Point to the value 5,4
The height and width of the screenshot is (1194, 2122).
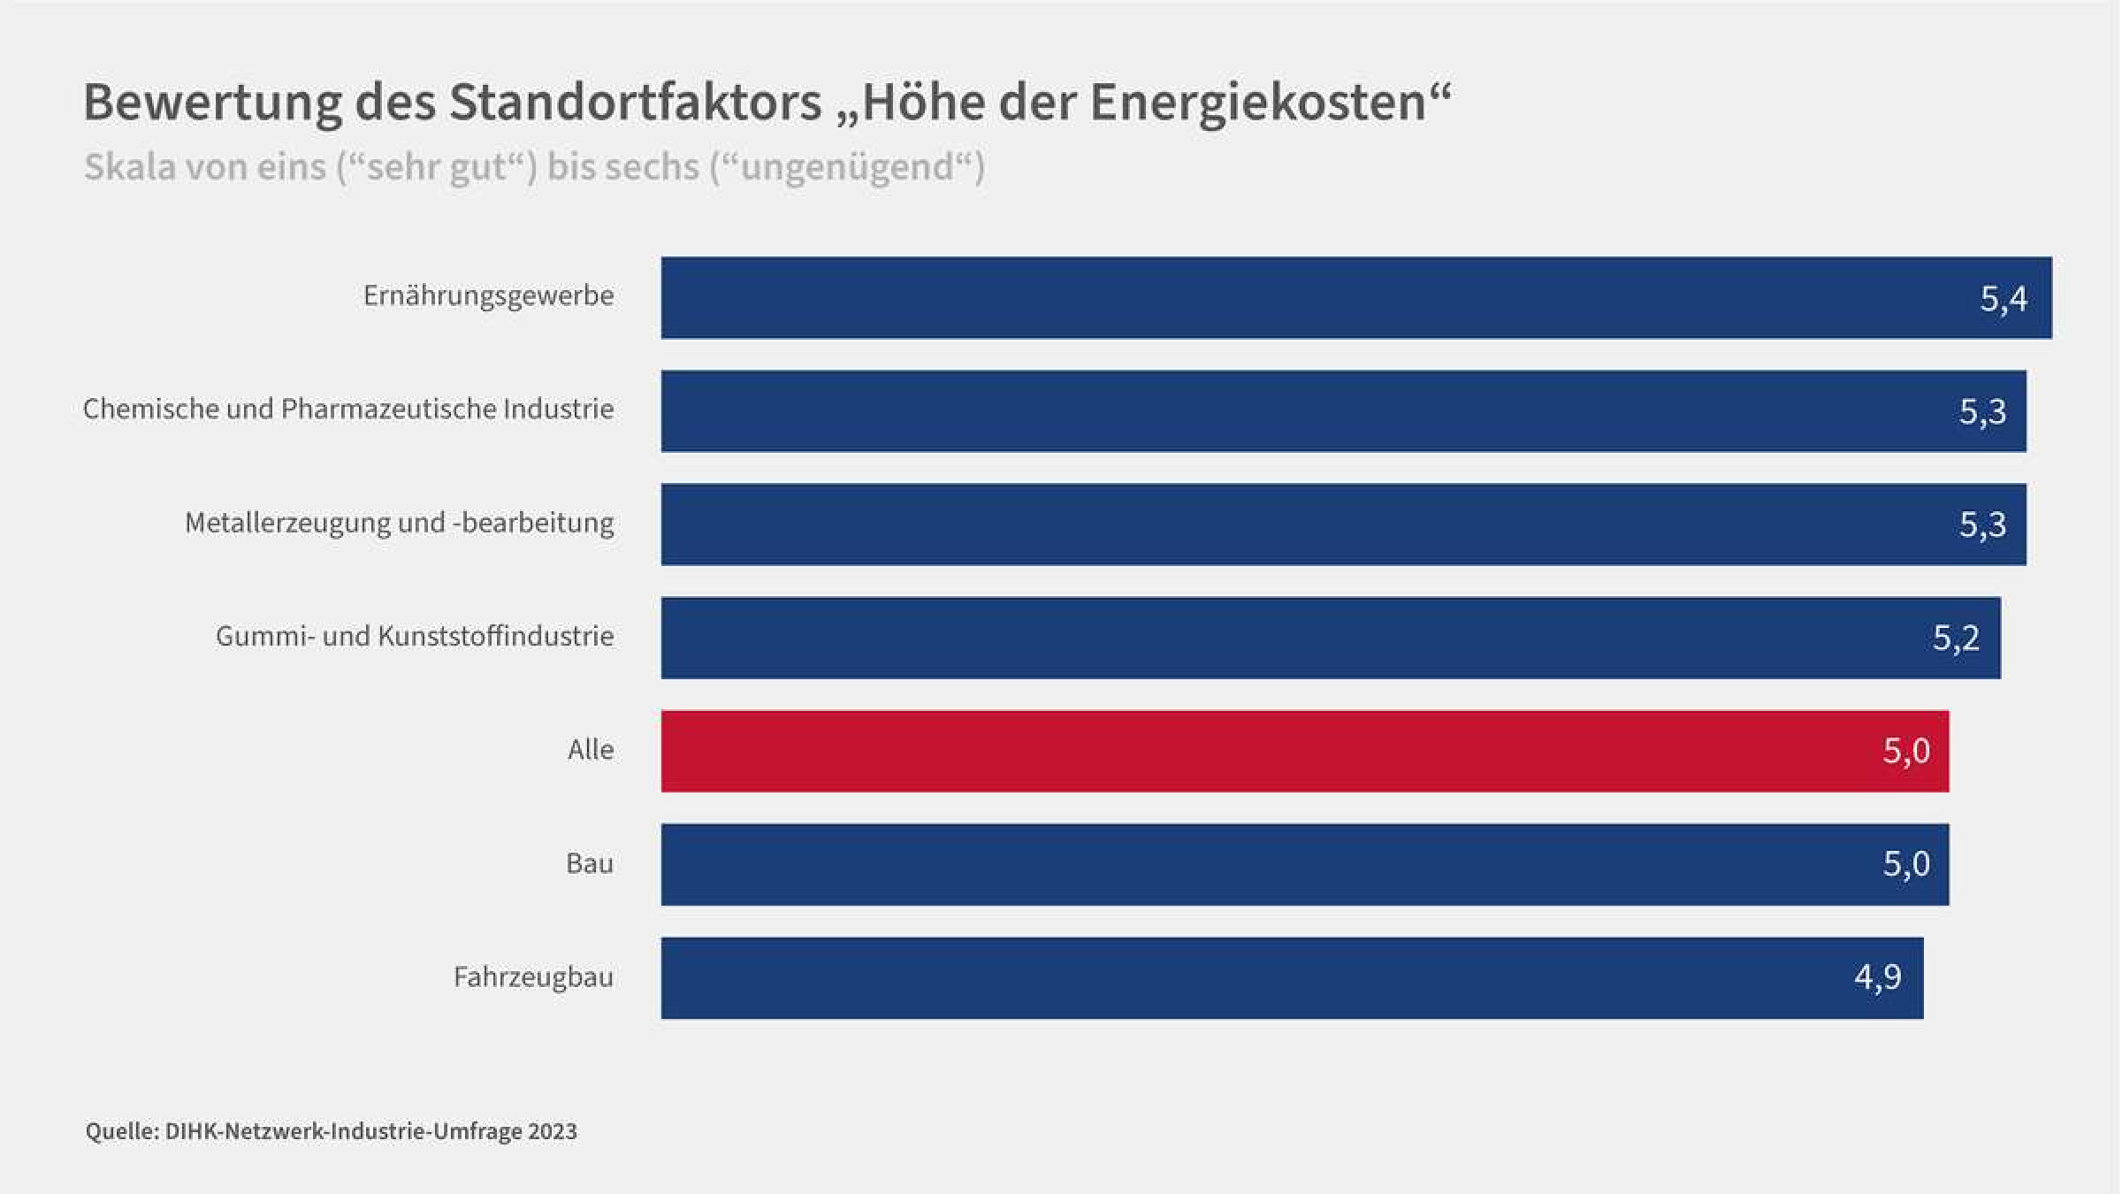(x=2004, y=299)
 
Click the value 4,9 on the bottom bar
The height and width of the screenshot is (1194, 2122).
(x=1877, y=977)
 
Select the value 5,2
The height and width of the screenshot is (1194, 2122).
(x=1956, y=638)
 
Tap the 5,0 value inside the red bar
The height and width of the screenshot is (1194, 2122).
(x=1905, y=751)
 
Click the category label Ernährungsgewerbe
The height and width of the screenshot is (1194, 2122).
(x=488, y=295)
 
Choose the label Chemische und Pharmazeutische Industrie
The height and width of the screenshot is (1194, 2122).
(x=348, y=409)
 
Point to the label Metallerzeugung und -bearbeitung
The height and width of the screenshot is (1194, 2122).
(x=399, y=523)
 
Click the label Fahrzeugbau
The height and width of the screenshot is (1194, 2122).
(x=533, y=977)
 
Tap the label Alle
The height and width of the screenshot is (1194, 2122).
(x=591, y=750)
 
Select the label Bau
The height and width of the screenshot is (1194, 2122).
(x=590, y=863)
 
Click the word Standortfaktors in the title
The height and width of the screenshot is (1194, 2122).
(x=636, y=102)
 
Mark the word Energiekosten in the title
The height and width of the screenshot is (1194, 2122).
(x=1258, y=102)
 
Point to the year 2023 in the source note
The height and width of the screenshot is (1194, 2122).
(x=553, y=1131)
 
